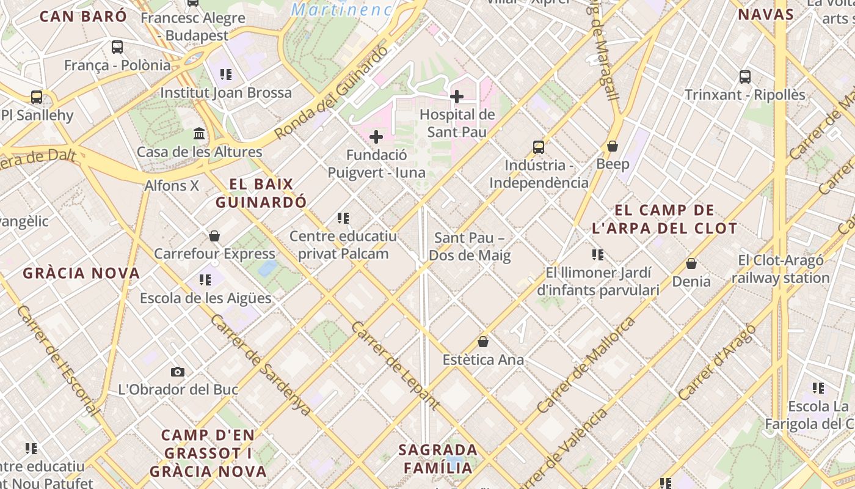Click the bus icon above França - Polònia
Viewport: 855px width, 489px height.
117,46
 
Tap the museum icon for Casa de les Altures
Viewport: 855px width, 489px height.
199,133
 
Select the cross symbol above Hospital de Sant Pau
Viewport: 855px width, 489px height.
457,96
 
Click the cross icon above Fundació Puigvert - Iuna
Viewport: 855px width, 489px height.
376,136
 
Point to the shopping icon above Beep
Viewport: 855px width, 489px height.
613,146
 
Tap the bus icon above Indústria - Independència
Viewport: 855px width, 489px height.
538,147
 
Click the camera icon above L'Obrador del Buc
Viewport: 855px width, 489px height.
178,371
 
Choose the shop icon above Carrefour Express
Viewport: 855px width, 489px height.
214,235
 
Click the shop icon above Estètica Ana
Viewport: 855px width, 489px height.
483,341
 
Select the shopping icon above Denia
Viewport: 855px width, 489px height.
691,263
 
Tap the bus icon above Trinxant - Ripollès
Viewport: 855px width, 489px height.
745,76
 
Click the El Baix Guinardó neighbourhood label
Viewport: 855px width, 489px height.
261,193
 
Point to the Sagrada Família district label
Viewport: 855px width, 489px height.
437,458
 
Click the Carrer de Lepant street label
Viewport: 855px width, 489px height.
395,364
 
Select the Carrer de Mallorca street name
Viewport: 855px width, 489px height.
586,364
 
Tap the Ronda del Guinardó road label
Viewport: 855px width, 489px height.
331,92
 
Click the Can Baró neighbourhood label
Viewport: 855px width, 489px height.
83,16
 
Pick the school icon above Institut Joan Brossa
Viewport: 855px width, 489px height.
226,75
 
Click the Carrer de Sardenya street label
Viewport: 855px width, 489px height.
261,365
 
